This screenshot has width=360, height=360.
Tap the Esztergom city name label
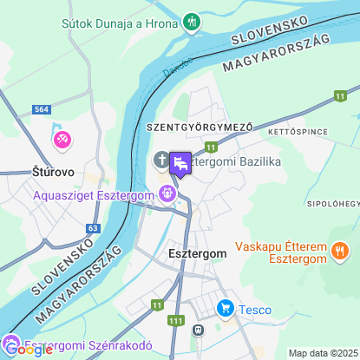point(196,253)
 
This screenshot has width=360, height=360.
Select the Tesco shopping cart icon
point(225,308)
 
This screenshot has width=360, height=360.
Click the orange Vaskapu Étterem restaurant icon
point(340,252)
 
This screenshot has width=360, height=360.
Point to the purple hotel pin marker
point(180,162)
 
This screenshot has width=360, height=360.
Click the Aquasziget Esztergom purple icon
point(167,194)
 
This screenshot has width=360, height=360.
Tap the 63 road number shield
point(92,228)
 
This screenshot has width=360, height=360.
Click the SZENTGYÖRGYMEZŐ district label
point(200,128)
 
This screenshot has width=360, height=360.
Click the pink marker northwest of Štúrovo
point(62,139)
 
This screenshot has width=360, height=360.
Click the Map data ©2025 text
point(323,353)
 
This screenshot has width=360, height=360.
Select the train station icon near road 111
point(198,330)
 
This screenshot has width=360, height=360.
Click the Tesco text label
point(255,310)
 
